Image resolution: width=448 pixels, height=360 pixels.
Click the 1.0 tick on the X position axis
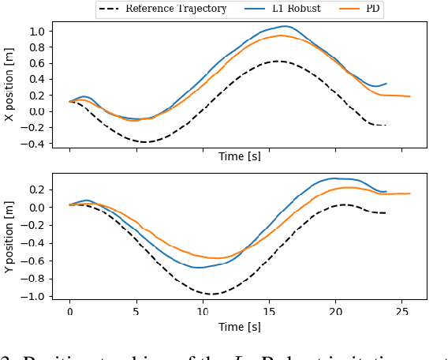click(x=39, y=32)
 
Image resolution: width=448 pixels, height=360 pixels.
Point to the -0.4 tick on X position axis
click(x=35, y=144)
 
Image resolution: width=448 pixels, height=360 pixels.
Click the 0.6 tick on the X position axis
click(x=39, y=63)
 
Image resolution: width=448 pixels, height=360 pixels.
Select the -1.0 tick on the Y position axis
click(x=35, y=297)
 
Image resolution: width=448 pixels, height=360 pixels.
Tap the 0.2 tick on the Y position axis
click(x=39, y=189)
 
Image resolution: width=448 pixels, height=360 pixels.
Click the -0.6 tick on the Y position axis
click(x=35, y=261)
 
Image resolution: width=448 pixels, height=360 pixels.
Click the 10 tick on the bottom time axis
click(x=203, y=312)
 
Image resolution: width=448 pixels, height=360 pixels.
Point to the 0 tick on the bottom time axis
click(x=69, y=312)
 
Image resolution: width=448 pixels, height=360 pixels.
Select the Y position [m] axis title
click(x=9, y=237)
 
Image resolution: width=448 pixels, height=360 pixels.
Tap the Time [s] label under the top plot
click(x=240, y=157)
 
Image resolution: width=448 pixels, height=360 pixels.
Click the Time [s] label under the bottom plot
click(x=240, y=326)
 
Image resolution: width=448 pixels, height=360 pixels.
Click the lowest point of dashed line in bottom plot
click(x=214, y=294)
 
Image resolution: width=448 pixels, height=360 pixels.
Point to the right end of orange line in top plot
click(x=410, y=96)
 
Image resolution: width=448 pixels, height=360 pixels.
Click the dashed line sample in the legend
click(x=111, y=9)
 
